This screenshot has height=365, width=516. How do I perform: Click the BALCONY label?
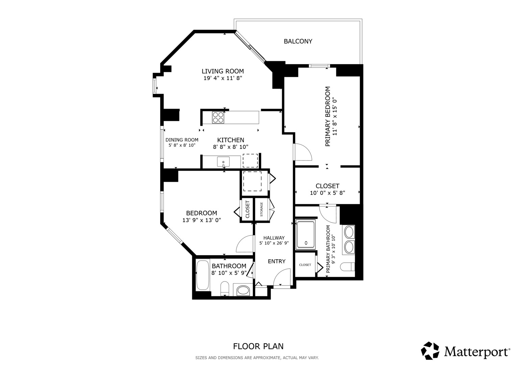tap(298, 42)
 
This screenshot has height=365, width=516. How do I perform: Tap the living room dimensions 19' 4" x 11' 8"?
tap(223, 78)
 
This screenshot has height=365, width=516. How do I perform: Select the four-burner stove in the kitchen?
tap(218, 118)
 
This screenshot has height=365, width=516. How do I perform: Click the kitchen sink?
tap(223, 162)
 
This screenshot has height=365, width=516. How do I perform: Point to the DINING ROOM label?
tap(182, 140)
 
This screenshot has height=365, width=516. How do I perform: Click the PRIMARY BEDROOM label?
tap(328, 116)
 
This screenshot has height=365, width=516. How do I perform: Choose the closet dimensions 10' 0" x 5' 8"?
tap(327, 193)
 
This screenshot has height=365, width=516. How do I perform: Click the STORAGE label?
tap(262, 209)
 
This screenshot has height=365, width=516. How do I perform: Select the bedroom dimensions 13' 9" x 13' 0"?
tap(201, 220)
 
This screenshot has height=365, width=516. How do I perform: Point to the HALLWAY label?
tap(274, 238)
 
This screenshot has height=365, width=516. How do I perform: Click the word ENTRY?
tap(277, 261)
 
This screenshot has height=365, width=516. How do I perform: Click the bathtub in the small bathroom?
tap(203, 275)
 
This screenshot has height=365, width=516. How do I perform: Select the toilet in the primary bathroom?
tap(347, 267)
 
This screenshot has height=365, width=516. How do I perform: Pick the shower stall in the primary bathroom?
tap(306, 235)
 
